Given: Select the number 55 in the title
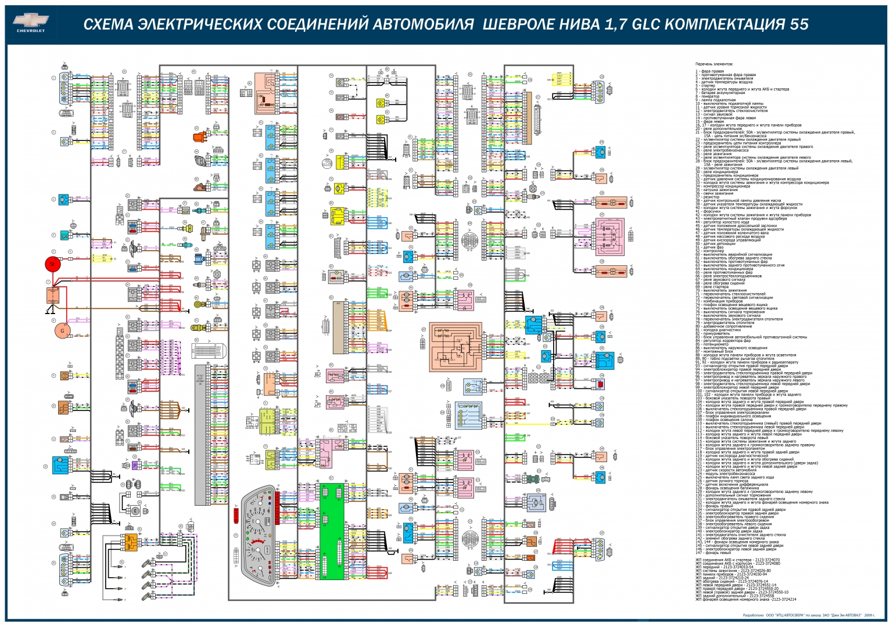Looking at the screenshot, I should (x=798, y=24).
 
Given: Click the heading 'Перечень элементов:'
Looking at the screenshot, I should (x=714, y=64).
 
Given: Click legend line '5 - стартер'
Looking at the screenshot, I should (x=705, y=85).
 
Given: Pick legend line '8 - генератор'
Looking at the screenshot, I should (x=708, y=96).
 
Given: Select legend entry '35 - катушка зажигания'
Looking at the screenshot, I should (x=715, y=190).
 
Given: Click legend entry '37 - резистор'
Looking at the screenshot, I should (x=708, y=197).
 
